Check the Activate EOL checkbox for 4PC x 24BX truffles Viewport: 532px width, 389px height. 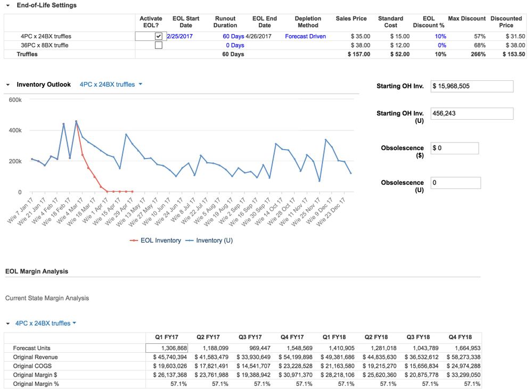click(x=158, y=36)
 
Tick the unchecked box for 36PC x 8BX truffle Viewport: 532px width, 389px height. click(x=158, y=45)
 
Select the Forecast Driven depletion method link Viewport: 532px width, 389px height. click(x=305, y=36)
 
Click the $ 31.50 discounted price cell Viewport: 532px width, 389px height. click(x=513, y=36)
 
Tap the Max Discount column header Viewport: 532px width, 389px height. click(x=466, y=19)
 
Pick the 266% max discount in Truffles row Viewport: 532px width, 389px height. click(x=478, y=54)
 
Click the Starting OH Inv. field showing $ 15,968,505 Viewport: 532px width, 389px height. click(x=471, y=86)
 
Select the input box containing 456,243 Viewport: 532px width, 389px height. click(x=471, y=113)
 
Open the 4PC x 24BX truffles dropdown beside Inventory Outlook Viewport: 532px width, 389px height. click(x=111, y=84)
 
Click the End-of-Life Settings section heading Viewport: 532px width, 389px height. click(x=46, y=5)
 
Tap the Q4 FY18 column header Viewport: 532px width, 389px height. click(x=460, y=337)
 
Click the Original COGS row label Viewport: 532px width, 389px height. click(x=32, y=366)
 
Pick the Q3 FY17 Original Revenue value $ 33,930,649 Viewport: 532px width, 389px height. click(x=250, y=357)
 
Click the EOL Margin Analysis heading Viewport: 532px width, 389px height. click(x=37, y=271)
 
